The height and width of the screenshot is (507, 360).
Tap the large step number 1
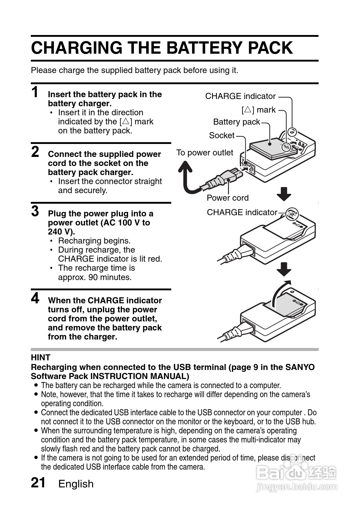pyautogui.click(x=35, y=92)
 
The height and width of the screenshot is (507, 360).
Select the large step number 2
pyautogui.click(x=35, y=152)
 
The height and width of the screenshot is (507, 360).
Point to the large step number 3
pyautogui.click(x=35, y=211)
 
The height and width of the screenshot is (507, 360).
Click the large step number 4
pyautogui.click(x=35, y=298)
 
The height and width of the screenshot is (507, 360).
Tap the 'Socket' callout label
pyautogui.click(x=221, y=136)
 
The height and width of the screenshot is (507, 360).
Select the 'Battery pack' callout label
pyautogui.click(x=236, y=122)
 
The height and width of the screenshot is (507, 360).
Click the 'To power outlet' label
pyautogui.click(x=204, y=153)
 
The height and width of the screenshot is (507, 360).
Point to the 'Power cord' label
pyautogui.click(x=227, y=198)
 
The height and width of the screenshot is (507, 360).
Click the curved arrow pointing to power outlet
pyautogui.click(x=187, y=178)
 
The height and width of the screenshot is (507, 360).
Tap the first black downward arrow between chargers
pyautogui.click(x=284, y=194)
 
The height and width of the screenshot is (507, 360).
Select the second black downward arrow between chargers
pyautogui.click(x=284, y=269)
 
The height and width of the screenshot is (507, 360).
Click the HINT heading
pyautogui.click(x=40, y=358)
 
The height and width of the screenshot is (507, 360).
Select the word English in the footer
pyautogui.click(x=76, y=484)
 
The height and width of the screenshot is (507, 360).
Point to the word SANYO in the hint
pyautogui.click(x=300, y=367)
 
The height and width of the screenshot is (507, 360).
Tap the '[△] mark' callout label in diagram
pyautogui.click(x=259, y=110)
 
